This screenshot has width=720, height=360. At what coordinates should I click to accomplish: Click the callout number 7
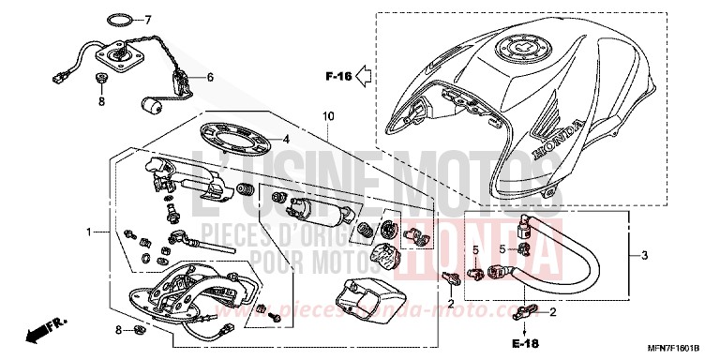click(x=147, y=19)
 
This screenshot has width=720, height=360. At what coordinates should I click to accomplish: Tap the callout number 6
click(x=210, y=77)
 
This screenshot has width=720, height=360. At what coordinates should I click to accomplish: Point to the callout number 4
click(x=288, y=139)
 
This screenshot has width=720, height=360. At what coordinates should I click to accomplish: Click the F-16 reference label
click(x=338, y=77)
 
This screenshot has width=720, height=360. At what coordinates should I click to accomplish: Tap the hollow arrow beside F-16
click(x=367, y=77)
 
